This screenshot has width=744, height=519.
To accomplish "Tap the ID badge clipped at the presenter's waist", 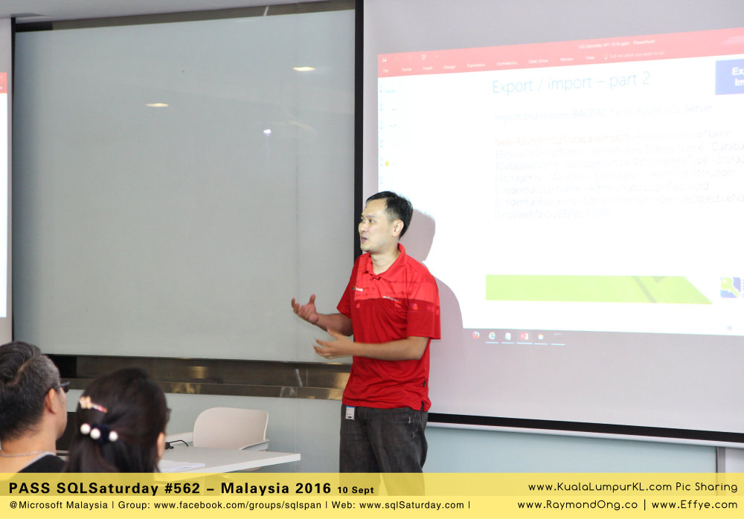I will click(x=350, y=412).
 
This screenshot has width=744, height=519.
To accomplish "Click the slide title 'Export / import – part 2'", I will click(x=571, y=83).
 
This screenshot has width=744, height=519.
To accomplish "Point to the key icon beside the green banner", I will click(x=731, y=287).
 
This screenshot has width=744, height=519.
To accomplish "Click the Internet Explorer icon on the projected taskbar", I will click(x=492, y=336).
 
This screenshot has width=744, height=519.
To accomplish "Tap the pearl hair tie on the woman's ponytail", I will click(x=98, y=432).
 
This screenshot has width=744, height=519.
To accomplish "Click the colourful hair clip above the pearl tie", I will click(x=92, y=404).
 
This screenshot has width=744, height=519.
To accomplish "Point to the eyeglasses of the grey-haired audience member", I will click(x=62, y=387).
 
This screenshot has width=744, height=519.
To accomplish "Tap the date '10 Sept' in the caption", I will click(x=356, y=490).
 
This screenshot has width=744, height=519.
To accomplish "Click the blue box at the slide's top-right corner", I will click(x=730, y=77).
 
